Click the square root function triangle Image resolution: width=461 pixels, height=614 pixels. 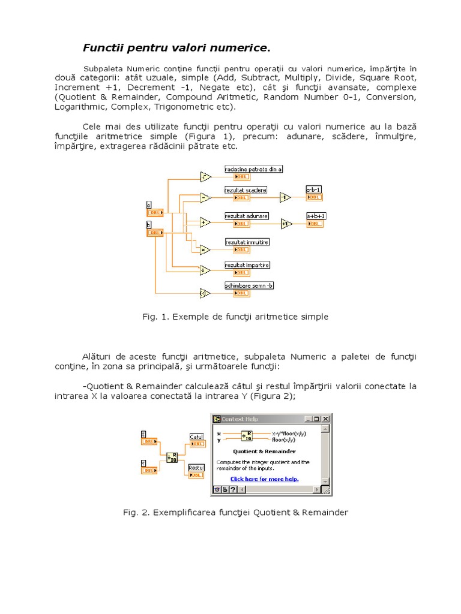point(205,176)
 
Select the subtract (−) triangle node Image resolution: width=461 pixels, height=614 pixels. point(205,197)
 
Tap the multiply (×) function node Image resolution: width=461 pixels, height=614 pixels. point(205,249)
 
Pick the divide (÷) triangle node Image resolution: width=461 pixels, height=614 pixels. point(205,270)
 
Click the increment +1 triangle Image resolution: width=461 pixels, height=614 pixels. point(286,223)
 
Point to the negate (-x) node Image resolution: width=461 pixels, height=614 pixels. point(205,293)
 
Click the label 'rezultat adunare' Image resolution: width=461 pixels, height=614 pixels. point(247,216)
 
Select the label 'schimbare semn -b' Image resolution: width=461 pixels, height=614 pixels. point(249,285)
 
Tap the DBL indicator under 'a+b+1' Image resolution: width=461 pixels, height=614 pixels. point(315,224)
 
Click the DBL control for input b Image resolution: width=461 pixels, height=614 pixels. point(155,232)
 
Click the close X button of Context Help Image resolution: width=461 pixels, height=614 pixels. point(325,419)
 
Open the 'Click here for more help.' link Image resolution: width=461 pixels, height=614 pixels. point(264,478)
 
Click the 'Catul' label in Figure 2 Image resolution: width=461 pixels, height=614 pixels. point(196,437)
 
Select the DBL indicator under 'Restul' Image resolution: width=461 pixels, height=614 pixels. point(196,475)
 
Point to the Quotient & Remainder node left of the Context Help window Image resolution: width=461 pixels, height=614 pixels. point(172,457)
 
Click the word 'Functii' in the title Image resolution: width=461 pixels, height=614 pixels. point(101,47)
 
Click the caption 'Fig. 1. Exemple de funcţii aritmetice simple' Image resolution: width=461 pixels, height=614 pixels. point(235,317)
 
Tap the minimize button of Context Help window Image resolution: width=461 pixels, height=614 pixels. point(308,419)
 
